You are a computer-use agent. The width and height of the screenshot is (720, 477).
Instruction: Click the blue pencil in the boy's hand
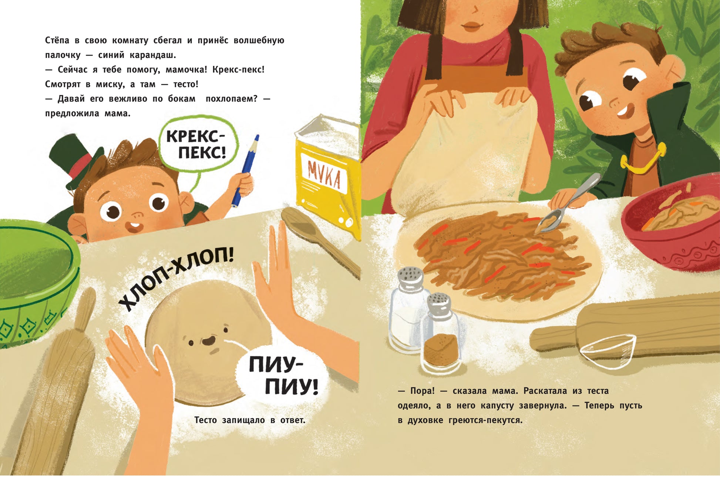(x=245, y=170)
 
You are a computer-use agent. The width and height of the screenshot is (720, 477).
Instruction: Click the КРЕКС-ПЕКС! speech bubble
(x=198, y=144)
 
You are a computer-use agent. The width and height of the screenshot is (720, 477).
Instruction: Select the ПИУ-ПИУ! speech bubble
(x=283, y=375)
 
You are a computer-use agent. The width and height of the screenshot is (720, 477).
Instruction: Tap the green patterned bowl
(x=35, y=281)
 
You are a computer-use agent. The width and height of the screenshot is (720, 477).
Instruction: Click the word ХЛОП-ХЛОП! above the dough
(x=176, y=276)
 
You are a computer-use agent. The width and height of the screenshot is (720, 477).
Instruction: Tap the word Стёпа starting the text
(x=57, y=40)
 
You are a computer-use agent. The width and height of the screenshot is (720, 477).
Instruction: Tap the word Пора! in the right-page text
(x=423, y=391)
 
